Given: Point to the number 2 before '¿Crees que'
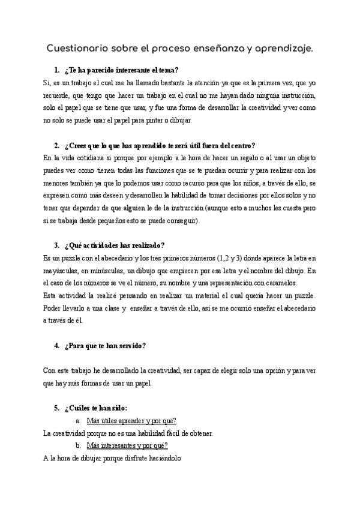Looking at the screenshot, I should pyautogui.click(x=56, y=145).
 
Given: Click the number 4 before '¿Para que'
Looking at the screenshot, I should pyautogui.click(x=56, y=346).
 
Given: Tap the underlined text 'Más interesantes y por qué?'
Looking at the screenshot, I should pyautogui.click(x=127, y=445).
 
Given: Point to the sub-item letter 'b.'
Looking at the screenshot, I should pyautogui.click(x=79, y=445).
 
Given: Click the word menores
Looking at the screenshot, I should pyautogui.click(x=58, y=183).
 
